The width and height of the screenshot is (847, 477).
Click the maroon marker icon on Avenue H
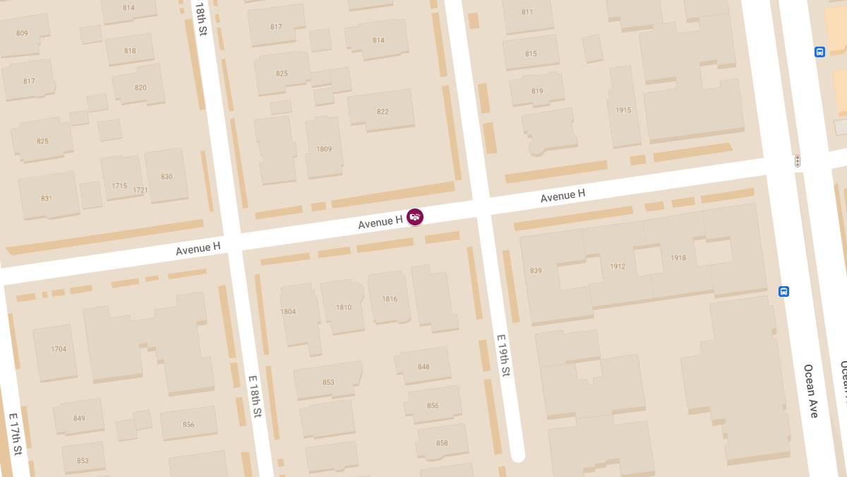click(x=415, y=217)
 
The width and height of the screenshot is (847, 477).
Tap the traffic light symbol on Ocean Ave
click(x=798, y=161)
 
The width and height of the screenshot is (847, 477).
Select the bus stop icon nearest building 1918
click(x=783, y=291)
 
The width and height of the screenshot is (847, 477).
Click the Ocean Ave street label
click(x=810, y=391)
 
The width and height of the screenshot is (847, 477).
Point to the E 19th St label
click(x=503, y=355)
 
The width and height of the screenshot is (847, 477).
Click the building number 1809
click(x=324, y=149)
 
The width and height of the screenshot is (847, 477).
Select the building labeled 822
click(x=383, y=112)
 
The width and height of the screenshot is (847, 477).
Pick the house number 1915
click(x=623, y=110)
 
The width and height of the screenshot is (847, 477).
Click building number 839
click(x=536, y=271)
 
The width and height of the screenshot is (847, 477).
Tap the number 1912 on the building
click(x=618, y=266)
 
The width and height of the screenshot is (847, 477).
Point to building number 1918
click(x=678, y=258)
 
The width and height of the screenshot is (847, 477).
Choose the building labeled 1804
click(x=288, y=312)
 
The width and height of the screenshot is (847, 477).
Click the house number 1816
click(x=390, y=299)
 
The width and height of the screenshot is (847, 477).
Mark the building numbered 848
click(x=423, y=367)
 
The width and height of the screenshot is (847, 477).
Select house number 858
click(x=442, y=443)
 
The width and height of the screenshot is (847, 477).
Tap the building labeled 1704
click(x=59, y=349)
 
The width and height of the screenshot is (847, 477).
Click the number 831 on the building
click(x=47, y=199)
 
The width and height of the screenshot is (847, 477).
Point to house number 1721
click(x=140, y=190)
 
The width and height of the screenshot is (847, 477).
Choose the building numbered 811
click(x=527, y=12)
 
